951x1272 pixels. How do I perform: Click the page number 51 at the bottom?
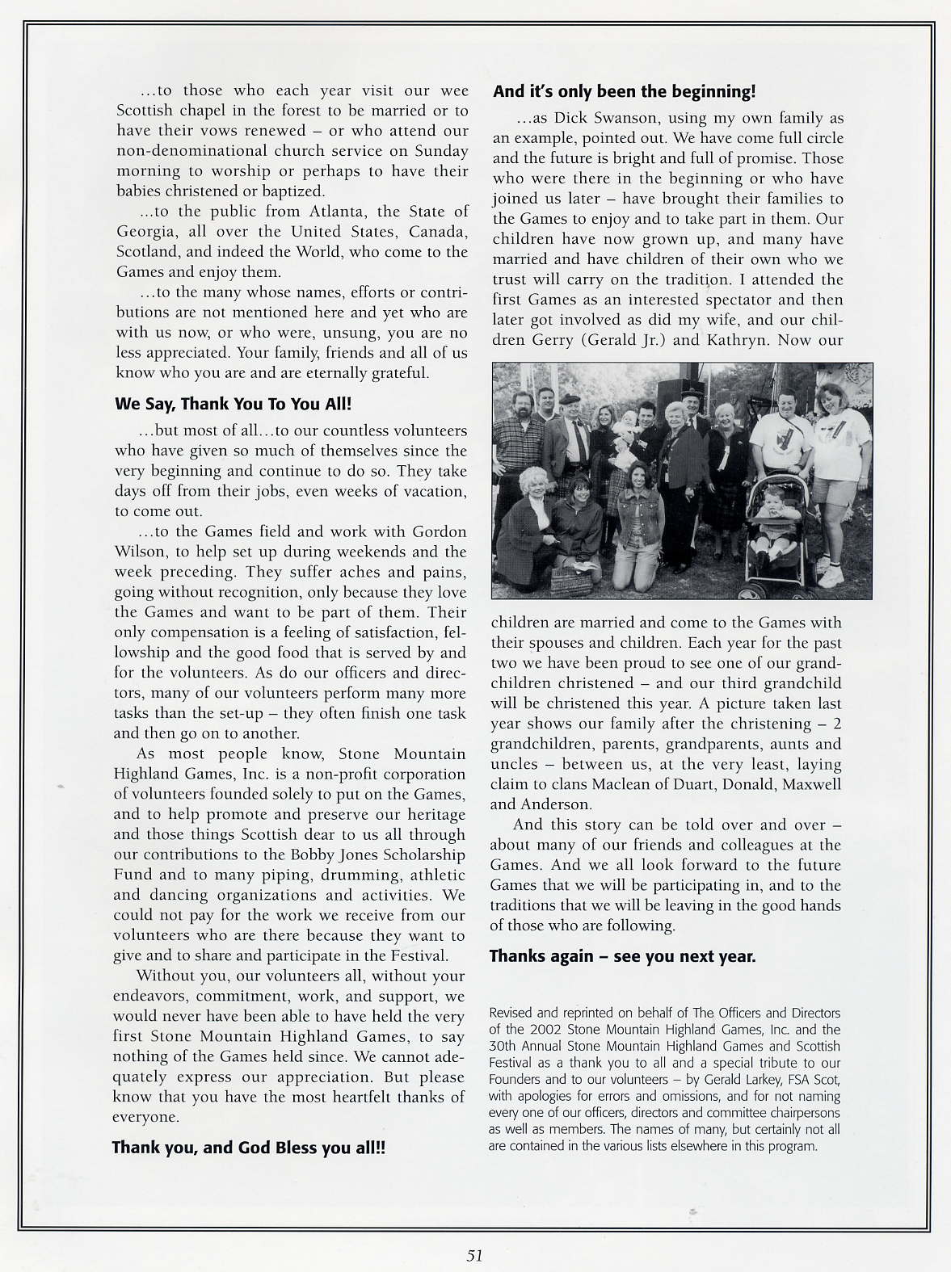click(x=474, y=1255)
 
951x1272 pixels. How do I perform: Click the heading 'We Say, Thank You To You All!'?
click(x=233, y=404)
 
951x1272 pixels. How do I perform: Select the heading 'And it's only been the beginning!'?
click(x=624, y=92)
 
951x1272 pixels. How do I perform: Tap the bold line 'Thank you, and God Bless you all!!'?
click(x=248, y=1147)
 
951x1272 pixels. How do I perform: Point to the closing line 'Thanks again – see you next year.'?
click(x=622, y=956)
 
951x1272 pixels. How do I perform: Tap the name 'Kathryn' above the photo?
click(x=738, y=340)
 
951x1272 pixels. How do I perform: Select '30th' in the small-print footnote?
click(x=503, y=1047)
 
